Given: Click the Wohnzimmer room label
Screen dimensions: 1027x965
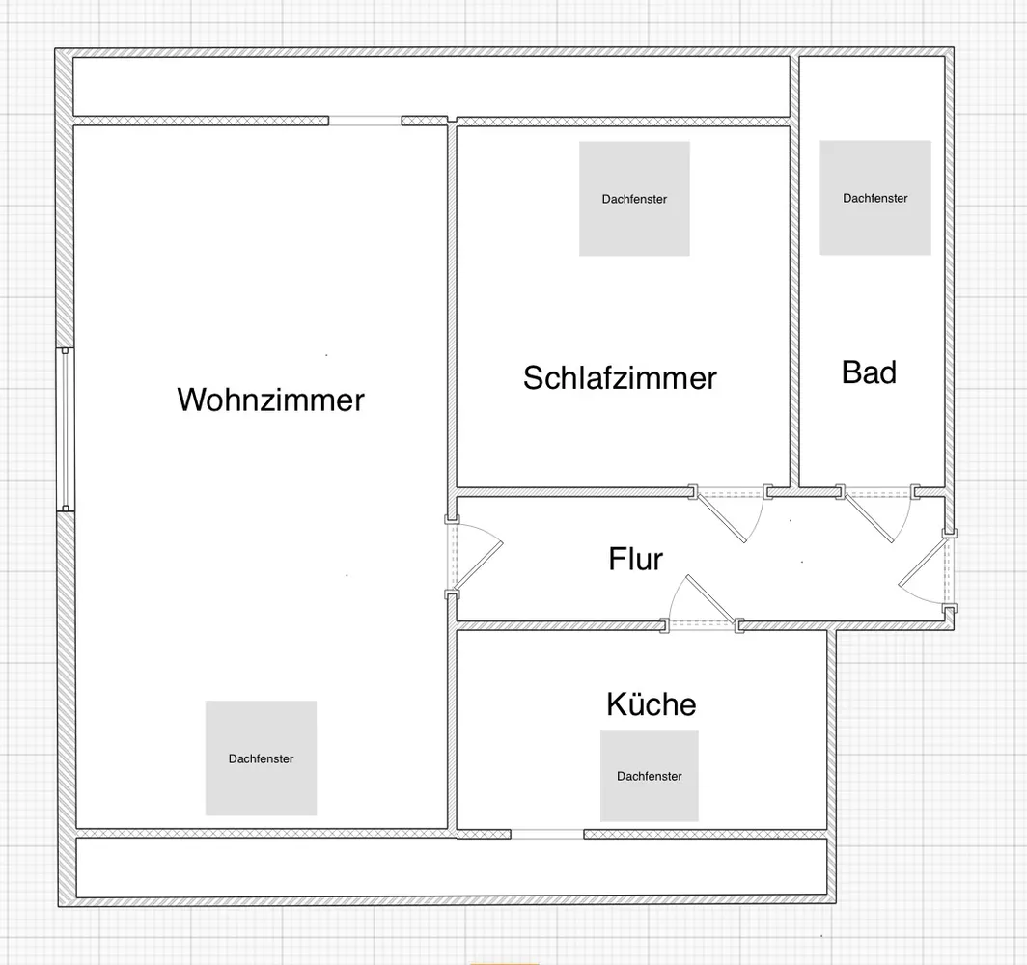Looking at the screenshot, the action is tap(270, 400).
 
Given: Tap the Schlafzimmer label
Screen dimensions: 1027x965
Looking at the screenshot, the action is tap(620, 377).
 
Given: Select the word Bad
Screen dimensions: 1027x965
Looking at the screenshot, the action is tap(869, 372).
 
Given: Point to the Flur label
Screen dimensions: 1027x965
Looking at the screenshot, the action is tap(635, 559).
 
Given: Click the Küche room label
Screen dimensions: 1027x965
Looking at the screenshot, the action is tap(651, 703).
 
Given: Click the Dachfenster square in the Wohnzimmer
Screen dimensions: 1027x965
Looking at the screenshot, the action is tap(261, 758).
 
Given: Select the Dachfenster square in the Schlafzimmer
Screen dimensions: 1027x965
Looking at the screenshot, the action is tap(634, 199).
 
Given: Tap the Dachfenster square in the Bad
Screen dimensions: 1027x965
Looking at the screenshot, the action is tap(875, 198).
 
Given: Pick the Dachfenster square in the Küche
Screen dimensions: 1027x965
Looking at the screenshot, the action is tap(649, 776).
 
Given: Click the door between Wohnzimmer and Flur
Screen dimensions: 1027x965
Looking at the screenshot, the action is tap(473, 557).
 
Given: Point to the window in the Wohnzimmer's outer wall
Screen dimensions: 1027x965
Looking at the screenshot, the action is tap(65, 428).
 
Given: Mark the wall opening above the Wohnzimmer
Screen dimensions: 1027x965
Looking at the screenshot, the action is tap(365, 121).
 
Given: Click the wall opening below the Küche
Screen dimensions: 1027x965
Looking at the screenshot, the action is tap(547, 834).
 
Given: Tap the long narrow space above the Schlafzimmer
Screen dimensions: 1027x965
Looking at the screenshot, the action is tap(430, 87).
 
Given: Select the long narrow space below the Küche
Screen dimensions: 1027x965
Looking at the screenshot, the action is tap(452, 868).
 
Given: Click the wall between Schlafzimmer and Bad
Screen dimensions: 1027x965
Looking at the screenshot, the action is tap(794, 272).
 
